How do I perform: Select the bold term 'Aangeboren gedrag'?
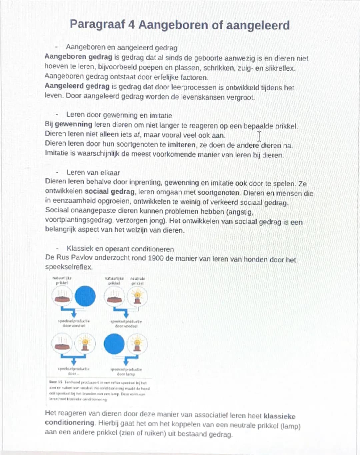[x=78, y=57]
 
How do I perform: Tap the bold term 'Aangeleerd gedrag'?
[x=77, y=87]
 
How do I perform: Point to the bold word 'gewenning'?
[x=73, y=125]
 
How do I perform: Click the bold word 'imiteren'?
[x=181, y=145]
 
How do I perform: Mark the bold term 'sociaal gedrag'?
[x=110, y=192]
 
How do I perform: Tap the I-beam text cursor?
[x=259, y=136]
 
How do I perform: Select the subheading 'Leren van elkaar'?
[x=93, y=173]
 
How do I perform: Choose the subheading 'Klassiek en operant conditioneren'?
[x=120, y=249]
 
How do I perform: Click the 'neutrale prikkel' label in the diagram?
[x=137, y=281]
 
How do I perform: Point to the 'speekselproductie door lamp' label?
[x=126, y=372]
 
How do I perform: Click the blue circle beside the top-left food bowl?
[x=85, y=296]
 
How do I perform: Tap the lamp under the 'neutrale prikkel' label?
[x=137, y=296]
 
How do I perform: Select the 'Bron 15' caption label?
[x=53, y=382]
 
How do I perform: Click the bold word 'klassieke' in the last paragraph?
[x=279, y=416]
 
